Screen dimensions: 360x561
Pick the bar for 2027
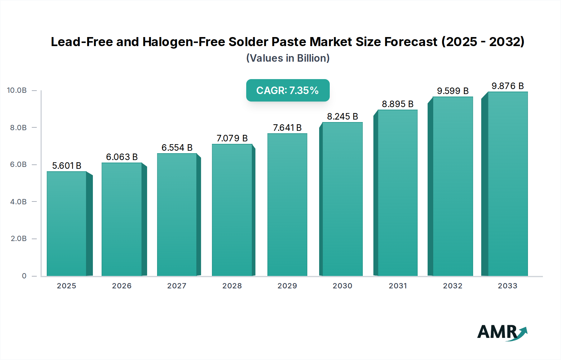coord(177,215)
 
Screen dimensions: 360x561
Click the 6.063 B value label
coord(122,157)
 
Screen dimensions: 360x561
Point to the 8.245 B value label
coord(342,116)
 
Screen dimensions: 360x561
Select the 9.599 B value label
coord(453,91)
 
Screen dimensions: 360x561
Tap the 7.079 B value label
coord(232,138)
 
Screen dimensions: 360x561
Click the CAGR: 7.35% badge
coord(288,90)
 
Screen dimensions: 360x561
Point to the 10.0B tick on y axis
coord(17,90)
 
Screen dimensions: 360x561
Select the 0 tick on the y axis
coord(24,276)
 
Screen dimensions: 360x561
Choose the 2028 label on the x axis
coord(232,286)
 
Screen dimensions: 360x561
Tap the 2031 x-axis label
coord(398,286)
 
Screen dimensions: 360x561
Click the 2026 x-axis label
coord(122,286)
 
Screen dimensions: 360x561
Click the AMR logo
coord(502,332)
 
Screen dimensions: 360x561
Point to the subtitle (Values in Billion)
coord(288,58)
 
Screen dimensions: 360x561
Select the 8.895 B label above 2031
coord(397,104)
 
